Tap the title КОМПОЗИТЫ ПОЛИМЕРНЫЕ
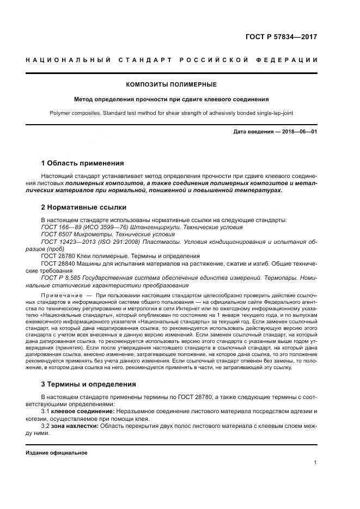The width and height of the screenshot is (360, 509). click(x=171, y=84)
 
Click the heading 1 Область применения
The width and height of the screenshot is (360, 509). click(x=82, y=163)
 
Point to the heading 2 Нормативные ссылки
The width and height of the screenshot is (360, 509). click(x=83, y=207)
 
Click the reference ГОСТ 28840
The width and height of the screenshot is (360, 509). click(x=56, y=263)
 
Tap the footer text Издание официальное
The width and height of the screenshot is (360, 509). click(x=57, y=452)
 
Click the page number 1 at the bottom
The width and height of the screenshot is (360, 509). click(x=315, y=463)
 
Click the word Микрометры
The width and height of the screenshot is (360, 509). click(x=89, y=234)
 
